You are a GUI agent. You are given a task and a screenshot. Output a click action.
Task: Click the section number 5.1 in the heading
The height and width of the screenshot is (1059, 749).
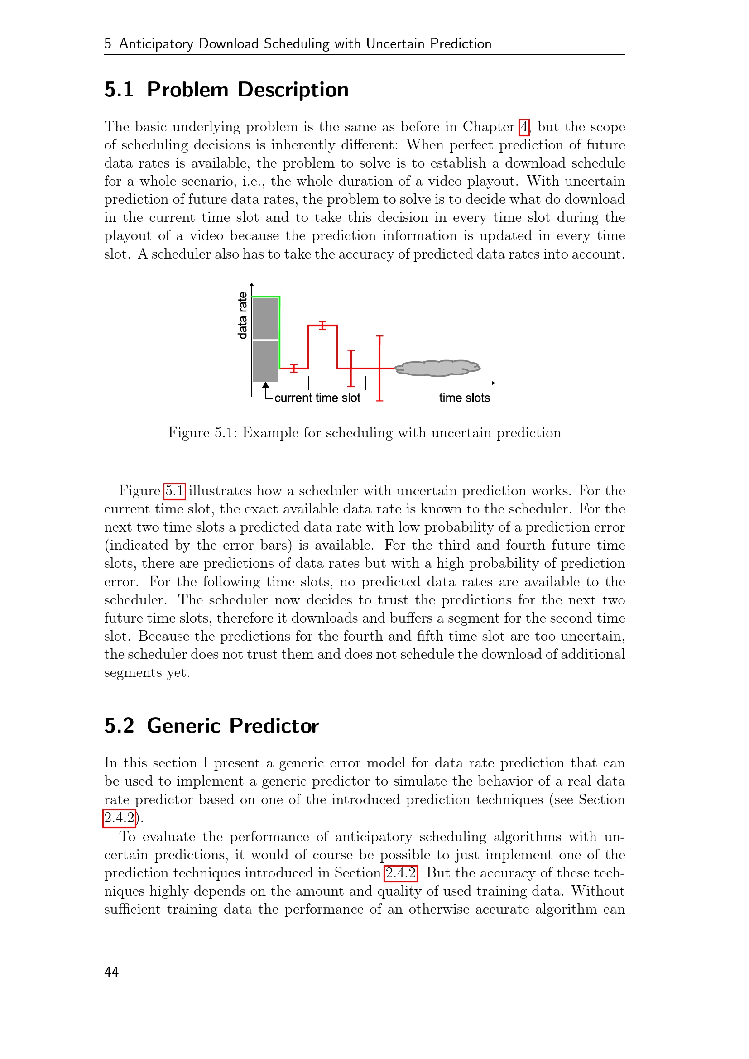[x=119, y=90]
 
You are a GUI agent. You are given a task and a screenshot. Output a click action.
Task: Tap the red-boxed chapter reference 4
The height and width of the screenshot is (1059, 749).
[x=523, y=127]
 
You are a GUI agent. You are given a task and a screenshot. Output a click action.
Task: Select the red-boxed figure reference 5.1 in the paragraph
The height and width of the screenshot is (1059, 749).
[x=174, y=491]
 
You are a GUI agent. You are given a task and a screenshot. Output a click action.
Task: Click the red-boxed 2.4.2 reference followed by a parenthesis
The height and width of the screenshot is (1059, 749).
[x=119, y=818]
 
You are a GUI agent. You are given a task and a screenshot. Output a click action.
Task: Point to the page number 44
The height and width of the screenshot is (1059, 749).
[x=111, y=972]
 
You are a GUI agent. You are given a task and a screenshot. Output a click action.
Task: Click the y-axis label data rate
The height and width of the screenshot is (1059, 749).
[x=242, y=316]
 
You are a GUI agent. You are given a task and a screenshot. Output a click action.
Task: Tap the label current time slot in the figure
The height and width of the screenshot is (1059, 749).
[x=317, y=398]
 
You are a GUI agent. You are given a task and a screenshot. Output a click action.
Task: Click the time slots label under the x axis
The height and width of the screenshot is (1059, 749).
[x=464, y=398]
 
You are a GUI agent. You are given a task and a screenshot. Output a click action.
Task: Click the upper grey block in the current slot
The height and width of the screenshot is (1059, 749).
[x=265, y=318]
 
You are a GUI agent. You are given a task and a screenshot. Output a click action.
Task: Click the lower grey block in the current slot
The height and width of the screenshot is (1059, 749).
[x=265, y=361]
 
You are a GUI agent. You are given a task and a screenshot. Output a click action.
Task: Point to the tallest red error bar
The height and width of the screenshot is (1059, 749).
[x=379, y=368]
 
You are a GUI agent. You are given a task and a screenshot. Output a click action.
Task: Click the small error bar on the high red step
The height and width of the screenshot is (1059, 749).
[x=322, y=325]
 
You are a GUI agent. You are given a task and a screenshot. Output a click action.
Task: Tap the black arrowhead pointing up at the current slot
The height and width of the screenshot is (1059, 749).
[x=266, y=386]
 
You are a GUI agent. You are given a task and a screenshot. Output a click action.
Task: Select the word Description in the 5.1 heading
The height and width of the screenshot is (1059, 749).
[x=293, y=90]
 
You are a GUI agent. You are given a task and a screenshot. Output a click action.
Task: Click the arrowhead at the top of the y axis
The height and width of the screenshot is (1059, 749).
[x=251, y=285]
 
